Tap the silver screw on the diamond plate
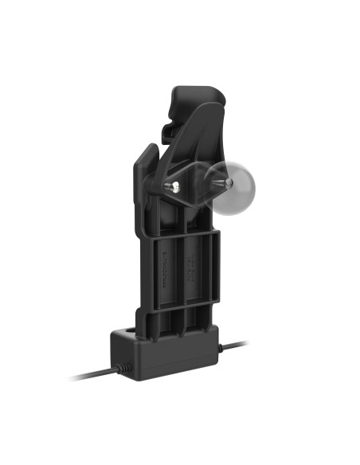click(x=172, y=189)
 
